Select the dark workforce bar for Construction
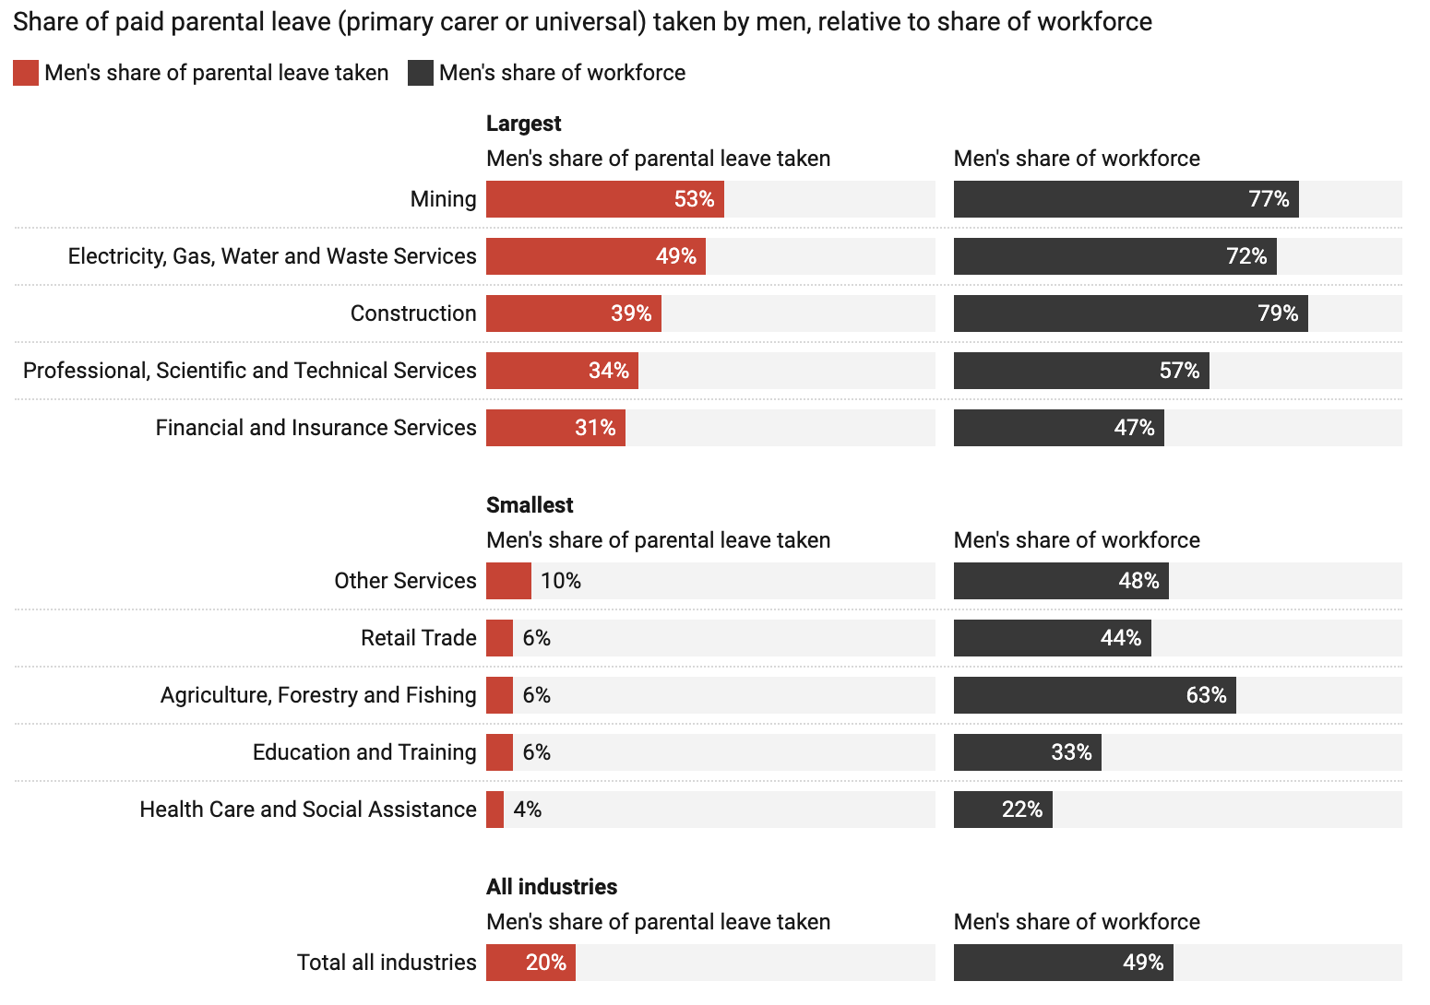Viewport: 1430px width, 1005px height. (1107, 313)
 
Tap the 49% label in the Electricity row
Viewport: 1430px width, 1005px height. (675, 256)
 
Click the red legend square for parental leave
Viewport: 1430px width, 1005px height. (26, 73)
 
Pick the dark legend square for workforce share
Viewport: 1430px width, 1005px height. (421, 73)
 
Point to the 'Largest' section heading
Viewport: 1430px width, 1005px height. (523, 124)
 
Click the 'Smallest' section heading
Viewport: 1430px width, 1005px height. (530, 505)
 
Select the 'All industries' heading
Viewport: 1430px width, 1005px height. (552, 887)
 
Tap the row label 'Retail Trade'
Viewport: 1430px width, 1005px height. (418, 638)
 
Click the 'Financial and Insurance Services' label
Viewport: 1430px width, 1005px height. (316, 428)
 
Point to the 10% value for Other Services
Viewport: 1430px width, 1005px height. (561, 581)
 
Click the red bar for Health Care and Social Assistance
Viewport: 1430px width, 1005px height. (495, 810)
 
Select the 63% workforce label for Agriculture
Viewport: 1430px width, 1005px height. (1206, 695)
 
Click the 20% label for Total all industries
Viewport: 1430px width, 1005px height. (546, 963)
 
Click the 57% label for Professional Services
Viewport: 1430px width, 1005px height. (1179, 371)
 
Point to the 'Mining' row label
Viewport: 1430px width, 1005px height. (443, 199)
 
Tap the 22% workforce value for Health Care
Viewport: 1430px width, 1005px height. (1022, 810)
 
